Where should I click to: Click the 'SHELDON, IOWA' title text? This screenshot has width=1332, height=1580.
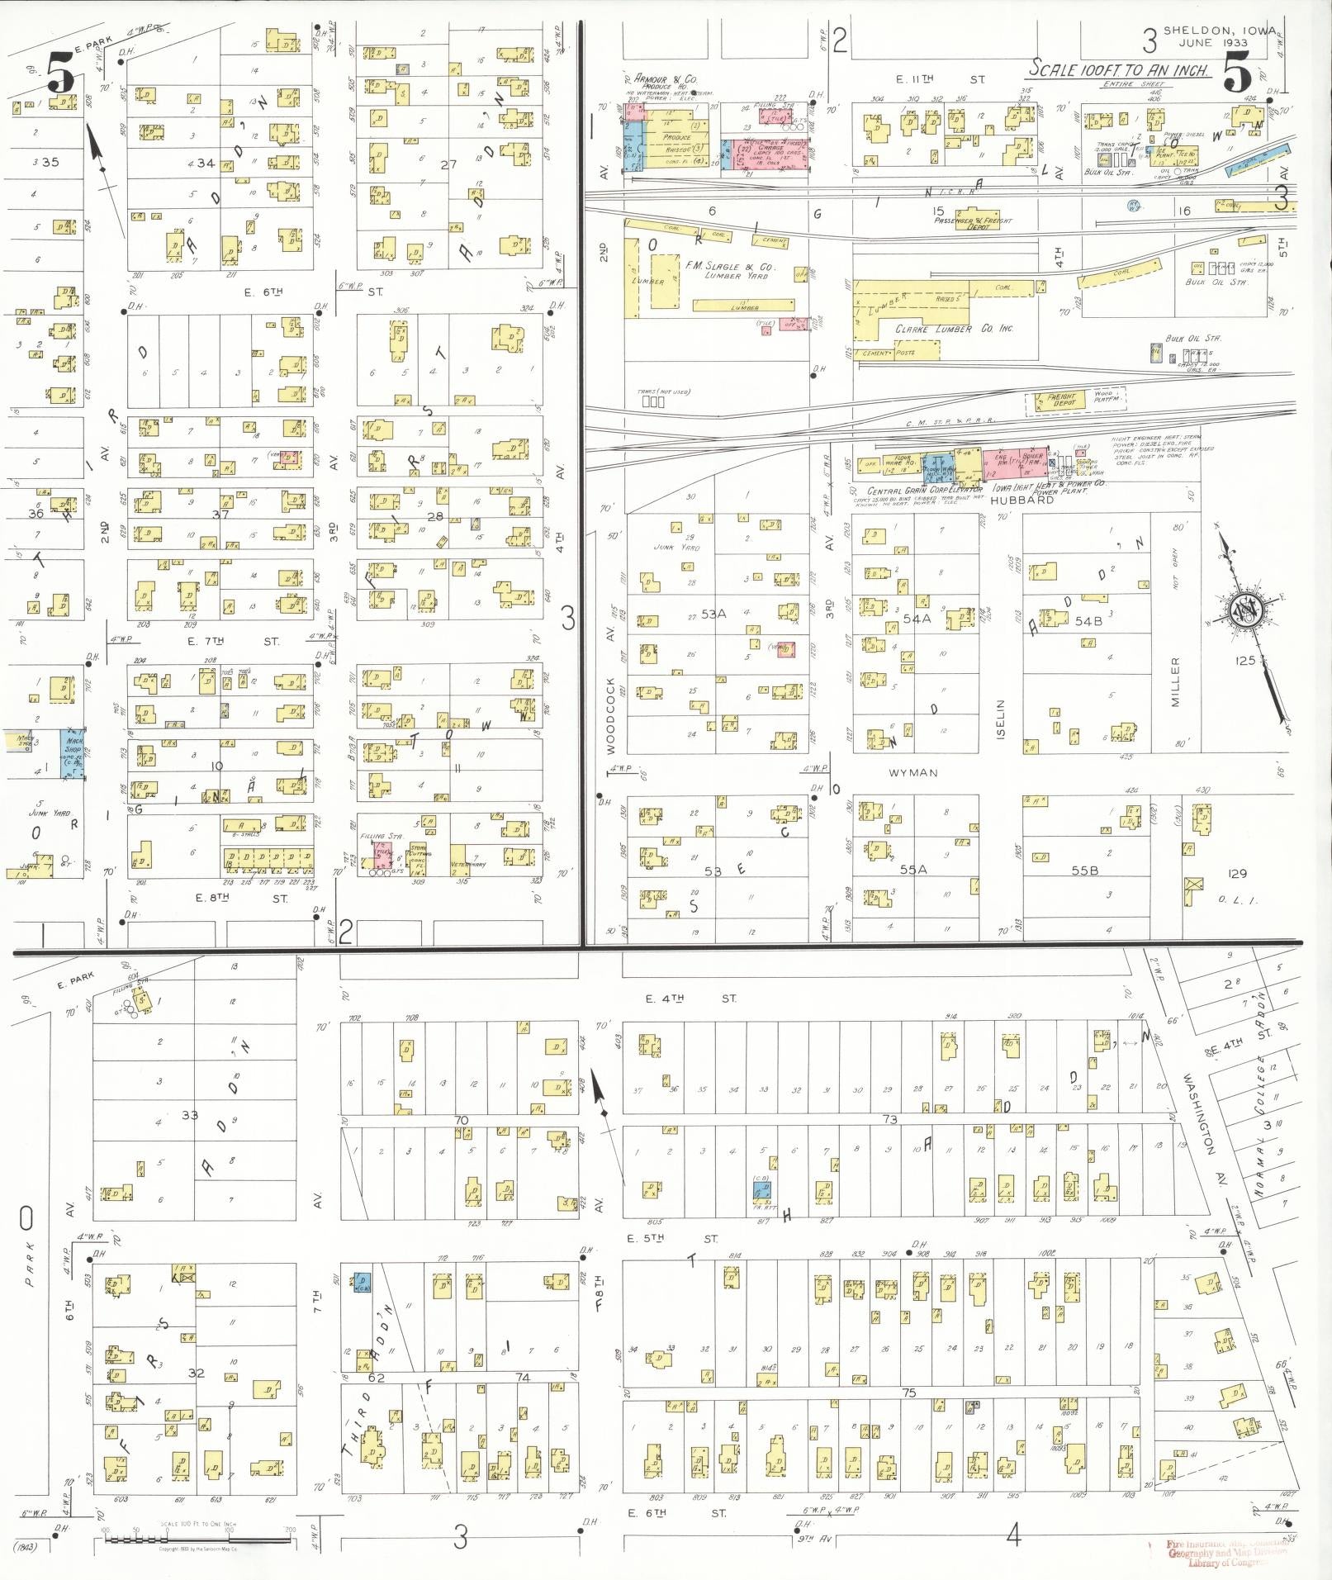tap(1218, 31)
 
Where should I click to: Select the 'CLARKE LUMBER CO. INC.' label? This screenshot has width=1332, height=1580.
tap(954, 329)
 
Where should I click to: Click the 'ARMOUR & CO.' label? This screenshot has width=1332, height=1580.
tap(666, 78)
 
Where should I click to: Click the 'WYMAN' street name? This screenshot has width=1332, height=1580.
tap(913, 772)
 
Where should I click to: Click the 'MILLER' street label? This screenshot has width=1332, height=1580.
tap(1176, 682)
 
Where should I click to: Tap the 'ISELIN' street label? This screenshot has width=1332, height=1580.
tap(999, 719)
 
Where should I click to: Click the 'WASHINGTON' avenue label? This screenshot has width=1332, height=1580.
tap(1199, 1113)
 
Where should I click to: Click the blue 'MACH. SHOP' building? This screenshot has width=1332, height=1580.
tap(73, 752)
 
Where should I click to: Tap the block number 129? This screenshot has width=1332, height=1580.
tap(1236, 873)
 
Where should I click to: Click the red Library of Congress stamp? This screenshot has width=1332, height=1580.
tap(1225, 1553)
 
